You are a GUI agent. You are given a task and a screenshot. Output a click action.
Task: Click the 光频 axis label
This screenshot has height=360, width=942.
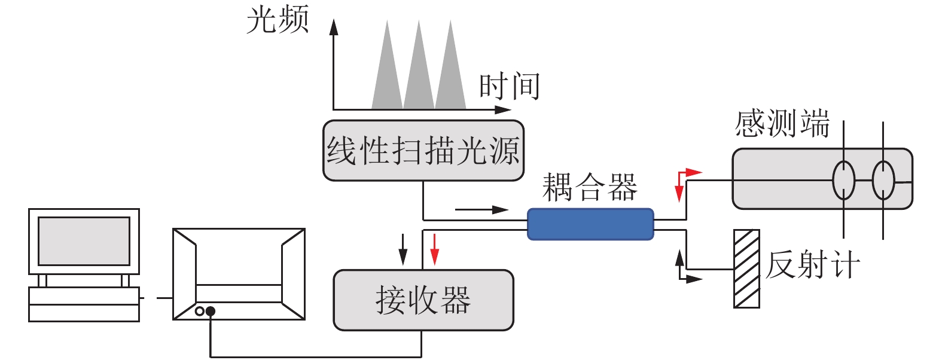pos(278,20)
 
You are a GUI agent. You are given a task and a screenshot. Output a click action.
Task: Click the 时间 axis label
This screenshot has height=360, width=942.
pos(510,86)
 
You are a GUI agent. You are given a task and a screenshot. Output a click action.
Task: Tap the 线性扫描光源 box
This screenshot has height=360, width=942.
pos(423,150)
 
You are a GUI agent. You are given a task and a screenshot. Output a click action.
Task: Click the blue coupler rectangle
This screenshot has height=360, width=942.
pos(590,224)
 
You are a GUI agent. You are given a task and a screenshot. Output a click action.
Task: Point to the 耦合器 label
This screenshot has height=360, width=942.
pos(590,188)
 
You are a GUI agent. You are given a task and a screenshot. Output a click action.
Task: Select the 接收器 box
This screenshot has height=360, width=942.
pos(423,300)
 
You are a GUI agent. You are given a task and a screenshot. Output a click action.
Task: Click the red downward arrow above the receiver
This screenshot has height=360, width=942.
pos(435,249)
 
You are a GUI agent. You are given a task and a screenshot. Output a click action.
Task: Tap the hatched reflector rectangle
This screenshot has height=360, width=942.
pos(746,269)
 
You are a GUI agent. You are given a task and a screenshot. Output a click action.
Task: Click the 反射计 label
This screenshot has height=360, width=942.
pos(812,265)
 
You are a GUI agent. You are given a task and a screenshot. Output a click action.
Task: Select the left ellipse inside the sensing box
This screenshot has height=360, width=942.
pos(844,180)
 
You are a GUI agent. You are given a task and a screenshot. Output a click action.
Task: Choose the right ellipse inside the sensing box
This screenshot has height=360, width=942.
pos(883,180)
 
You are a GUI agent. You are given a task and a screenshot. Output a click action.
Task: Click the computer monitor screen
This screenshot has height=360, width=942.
pos(84,241)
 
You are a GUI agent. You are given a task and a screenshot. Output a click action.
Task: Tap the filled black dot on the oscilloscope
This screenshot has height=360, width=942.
pos(211,312)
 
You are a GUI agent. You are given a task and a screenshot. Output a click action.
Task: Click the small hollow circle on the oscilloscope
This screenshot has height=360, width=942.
pos(200,312)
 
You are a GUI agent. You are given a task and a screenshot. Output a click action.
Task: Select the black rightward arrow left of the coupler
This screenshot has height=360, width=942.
pos(481,210)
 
